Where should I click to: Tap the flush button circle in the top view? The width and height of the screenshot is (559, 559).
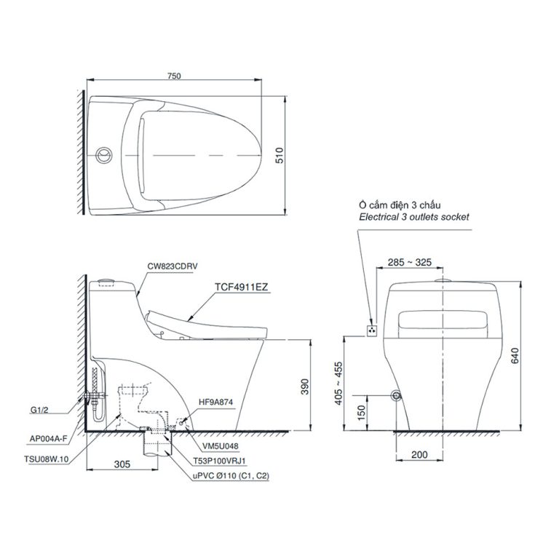pos(103,154)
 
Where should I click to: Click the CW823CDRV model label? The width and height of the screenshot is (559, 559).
pos(173,268)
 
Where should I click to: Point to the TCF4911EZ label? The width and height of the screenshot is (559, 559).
pos(242,288)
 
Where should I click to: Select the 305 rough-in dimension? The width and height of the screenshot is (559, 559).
pos(122,464)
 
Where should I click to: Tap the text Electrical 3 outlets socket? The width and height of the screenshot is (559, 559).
pos(414,217)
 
